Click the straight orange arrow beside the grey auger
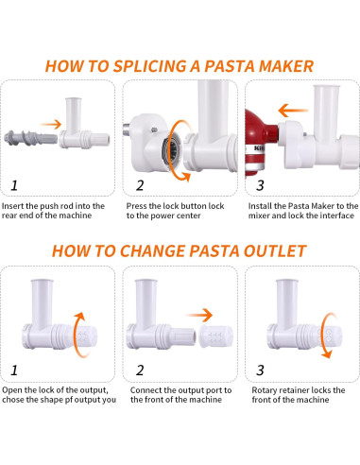pos(58,123)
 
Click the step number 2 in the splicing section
pos(140,183)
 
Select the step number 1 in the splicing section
pos(15,183)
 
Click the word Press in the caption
pos(139,205)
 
